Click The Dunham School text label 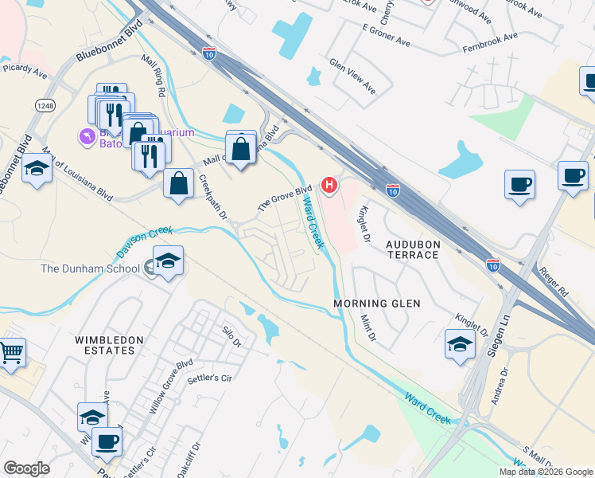point(91,268)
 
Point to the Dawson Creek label point(144,237)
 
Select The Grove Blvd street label point(283,198)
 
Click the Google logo point(26,468)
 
